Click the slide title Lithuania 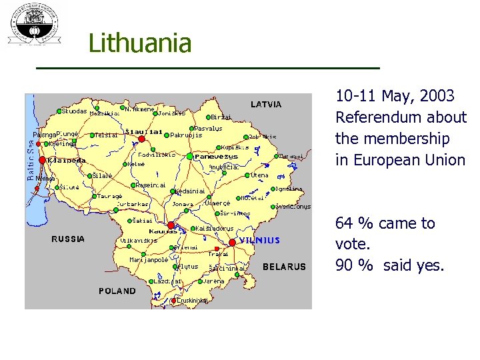[x=140, y=44]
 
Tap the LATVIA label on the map [x=266, y=104]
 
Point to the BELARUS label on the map [x=285, y=267]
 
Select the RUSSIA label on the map [x=69, y=239]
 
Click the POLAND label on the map [x=117, y=291]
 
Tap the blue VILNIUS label [x=260, y=240]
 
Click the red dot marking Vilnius [x=232, y=242]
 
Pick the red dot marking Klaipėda [x=43, y=160]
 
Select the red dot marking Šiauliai [x=141, y=139]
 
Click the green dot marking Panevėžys [x=189, y=156]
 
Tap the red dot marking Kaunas [x=171, y=225]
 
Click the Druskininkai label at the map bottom [x=193, y=301]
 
